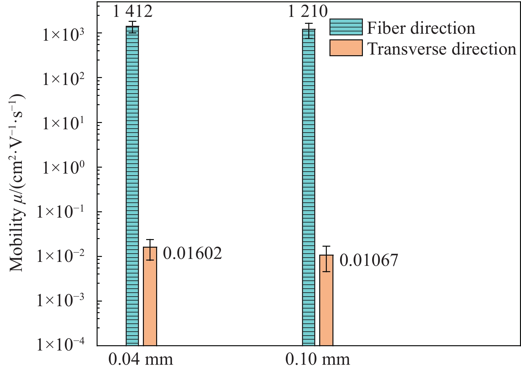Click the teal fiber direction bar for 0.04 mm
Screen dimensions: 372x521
click(132, 185)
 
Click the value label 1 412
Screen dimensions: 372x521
click(132, 11)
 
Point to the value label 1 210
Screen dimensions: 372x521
click(308, 11)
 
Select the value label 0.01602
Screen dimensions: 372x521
click(193, 254)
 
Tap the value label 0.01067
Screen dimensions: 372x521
click(369, 260)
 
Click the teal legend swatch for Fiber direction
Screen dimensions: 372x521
click(346, 27)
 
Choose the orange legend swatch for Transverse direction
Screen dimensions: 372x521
click(346, 48)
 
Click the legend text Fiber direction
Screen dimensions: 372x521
click(421, 28)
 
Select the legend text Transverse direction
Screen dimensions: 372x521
click(442, 49)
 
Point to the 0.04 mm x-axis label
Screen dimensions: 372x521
click(141, 359)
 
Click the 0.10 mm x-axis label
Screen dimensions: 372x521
click(318, 359)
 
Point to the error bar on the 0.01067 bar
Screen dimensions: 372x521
click(326, 259)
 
